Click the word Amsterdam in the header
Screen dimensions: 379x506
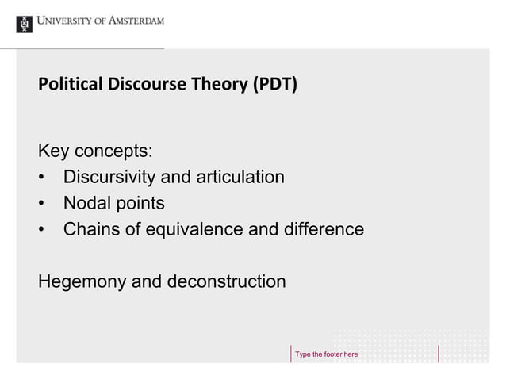pos(133,21)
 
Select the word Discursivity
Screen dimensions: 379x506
pos(112,177)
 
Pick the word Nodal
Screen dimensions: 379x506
pos(86,204)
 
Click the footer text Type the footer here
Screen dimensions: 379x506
pos(327,353)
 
